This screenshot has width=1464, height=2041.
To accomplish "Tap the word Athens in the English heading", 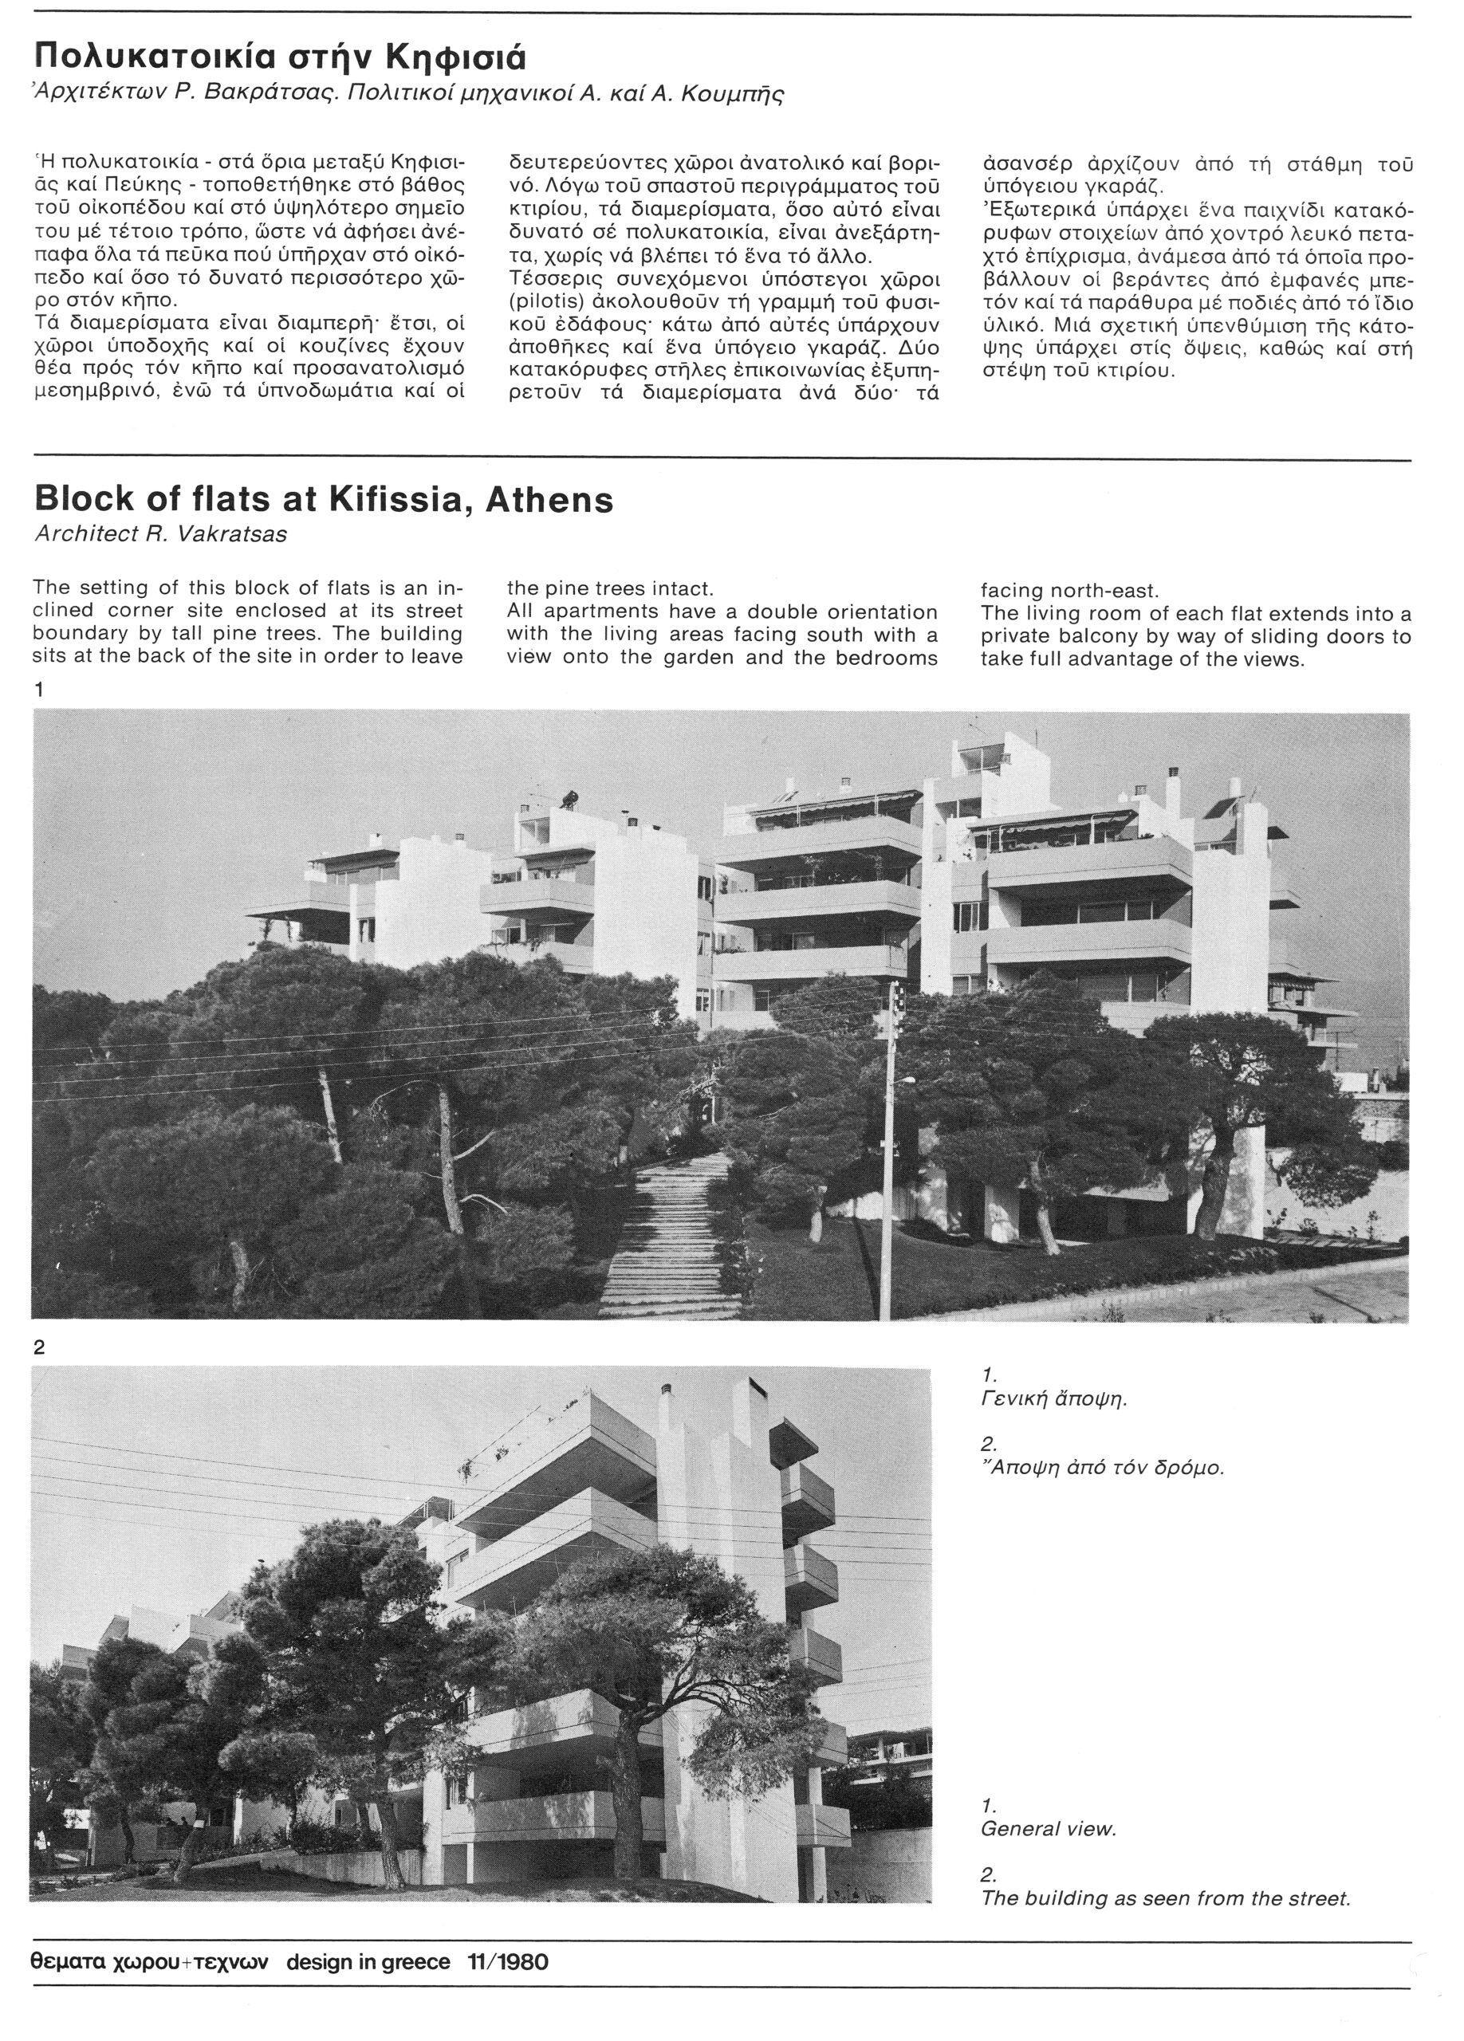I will pyautogui.click(x=549, y=499).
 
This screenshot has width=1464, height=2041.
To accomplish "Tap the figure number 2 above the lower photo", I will pyautogui.click(x=39, y=1347).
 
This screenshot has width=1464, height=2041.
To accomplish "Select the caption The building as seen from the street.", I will pyautogui.click(x=1165, y=1898).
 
